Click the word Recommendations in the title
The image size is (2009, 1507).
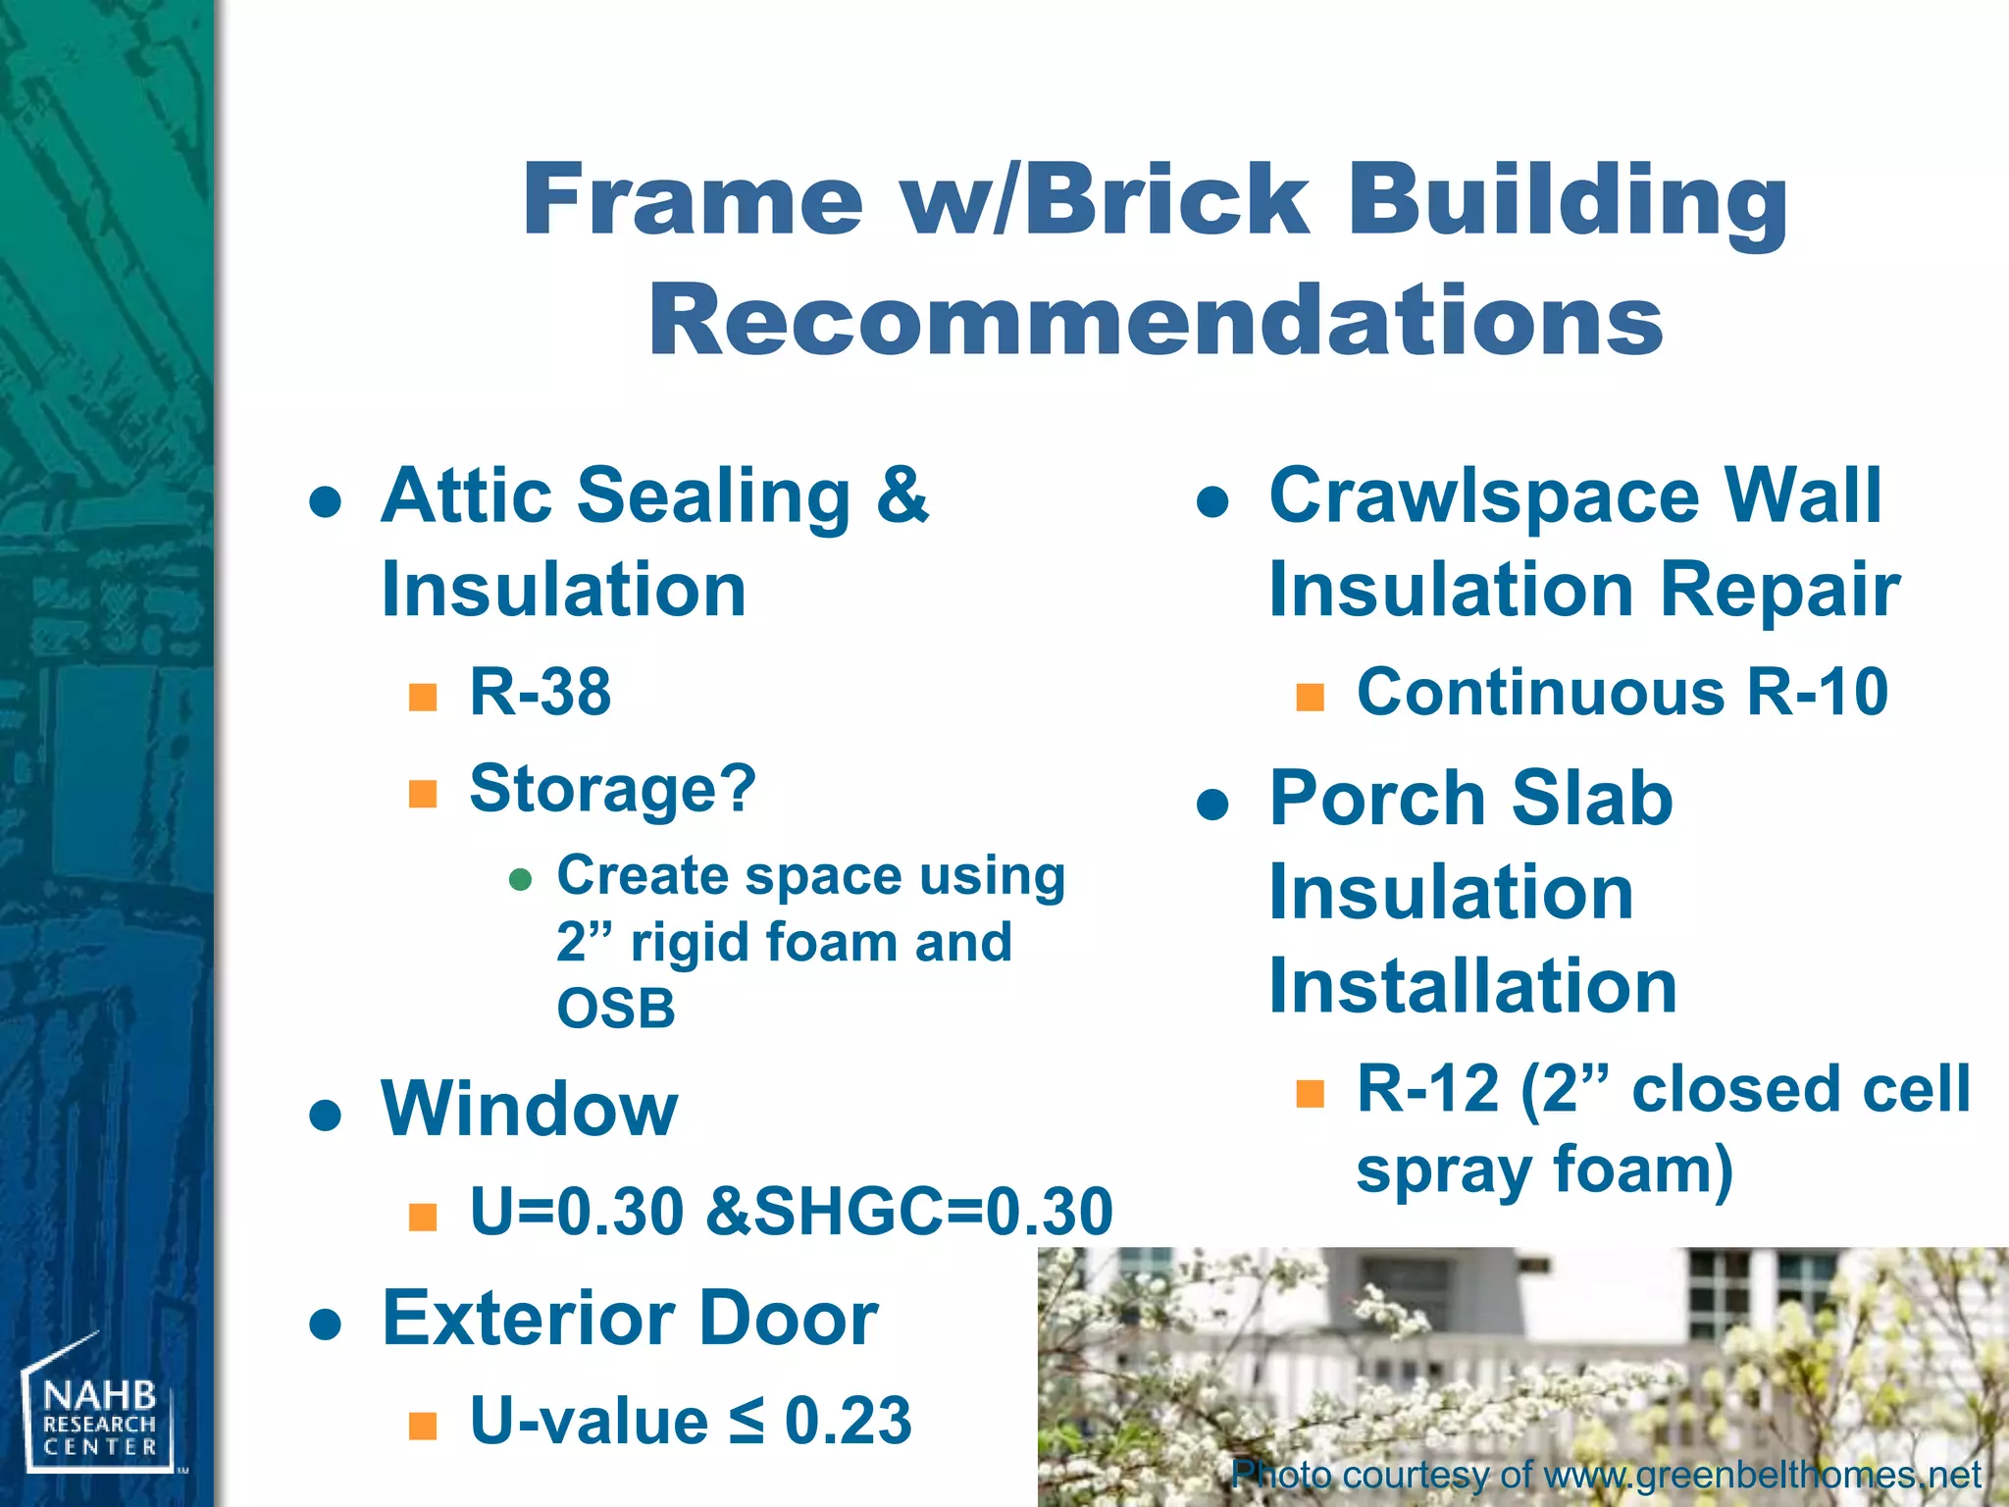1155,320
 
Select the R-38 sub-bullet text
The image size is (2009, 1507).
541,692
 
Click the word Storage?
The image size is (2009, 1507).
613,788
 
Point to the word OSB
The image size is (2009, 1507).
616,1009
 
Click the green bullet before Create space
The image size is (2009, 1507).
520,878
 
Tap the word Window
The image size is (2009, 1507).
530,1110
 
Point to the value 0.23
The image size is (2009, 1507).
848,1420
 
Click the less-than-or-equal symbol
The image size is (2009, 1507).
746,1422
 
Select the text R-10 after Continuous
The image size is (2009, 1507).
1818,692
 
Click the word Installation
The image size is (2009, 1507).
1471,986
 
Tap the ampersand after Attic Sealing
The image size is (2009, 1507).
901,495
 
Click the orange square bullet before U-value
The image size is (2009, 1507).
422,1425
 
